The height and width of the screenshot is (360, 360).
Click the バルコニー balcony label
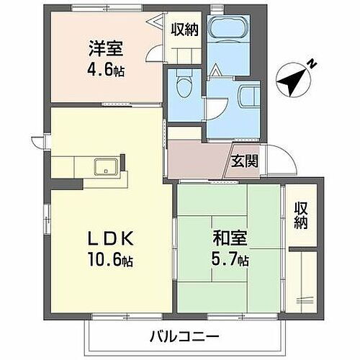188,335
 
